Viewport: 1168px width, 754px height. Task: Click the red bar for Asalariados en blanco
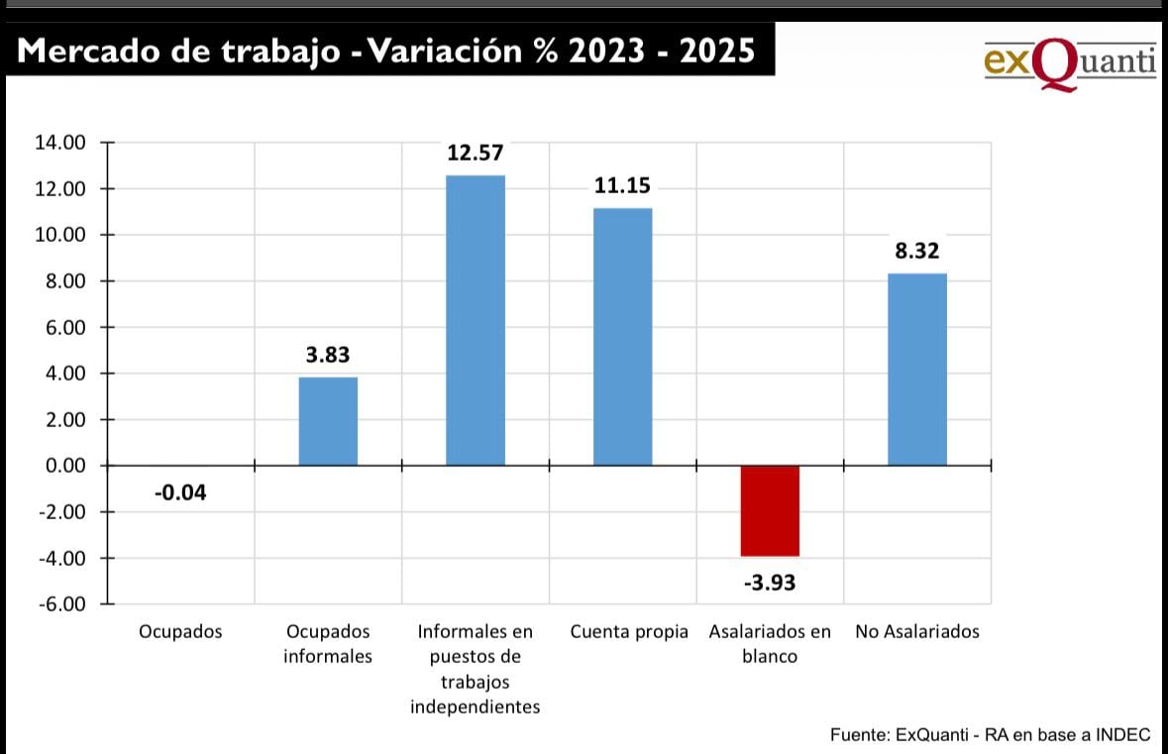pyautogui.click(x=770, y=510)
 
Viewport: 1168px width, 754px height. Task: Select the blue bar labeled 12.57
pyautogui.click(x=476, y=320)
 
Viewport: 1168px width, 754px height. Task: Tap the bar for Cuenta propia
pyautogui.click(x=622, y=337)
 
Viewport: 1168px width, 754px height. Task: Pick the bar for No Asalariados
pyautogui.click(x=916, y=370)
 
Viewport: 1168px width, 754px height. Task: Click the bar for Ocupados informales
pyautogui.click(x=328, y=421)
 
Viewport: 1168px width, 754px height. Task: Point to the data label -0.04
pyautogui.click(x=180, y=492)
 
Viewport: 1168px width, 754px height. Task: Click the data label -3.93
pyautogui.click(x=769, y=582)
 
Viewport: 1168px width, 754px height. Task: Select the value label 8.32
pyautogui.click(x=916, y=252)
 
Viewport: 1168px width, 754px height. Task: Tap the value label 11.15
pyautogui.click(x=622, y=185)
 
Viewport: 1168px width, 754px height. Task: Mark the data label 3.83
pyautogui.click(x=328, y=355)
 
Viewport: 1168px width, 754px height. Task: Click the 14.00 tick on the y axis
pyautogui.click(x=61, y=143)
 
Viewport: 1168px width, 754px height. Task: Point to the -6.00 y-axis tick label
pyautogui.click(x=61, y=604)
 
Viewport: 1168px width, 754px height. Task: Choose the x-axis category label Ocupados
pyautogui.click(x=180, y=632)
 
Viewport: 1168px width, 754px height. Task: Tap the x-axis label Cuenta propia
pyautogui.click(x=629, y=632)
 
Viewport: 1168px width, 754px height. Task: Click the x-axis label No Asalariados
pyautogui.click(x=916, y=632)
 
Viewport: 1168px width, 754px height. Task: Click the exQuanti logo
pyautogui.click(x=1069, y=61)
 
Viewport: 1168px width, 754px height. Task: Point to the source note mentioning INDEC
pyautogui.click(x=990, y=734)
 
